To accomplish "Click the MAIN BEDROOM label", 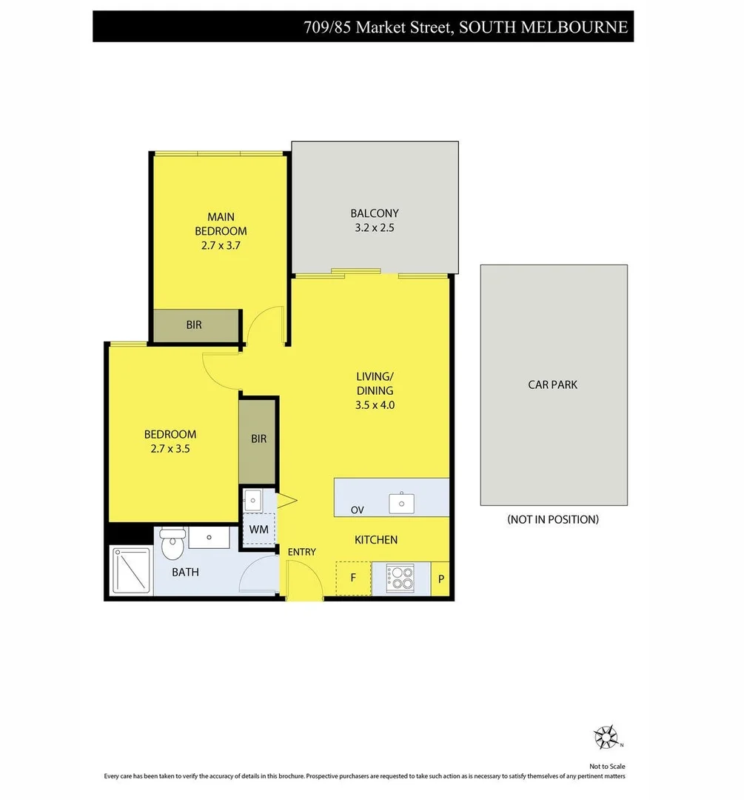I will pos(221,230).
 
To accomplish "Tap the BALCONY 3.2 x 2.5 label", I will pos(375,221).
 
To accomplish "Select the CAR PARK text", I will pos(552,384).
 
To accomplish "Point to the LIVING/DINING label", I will pos(375,390).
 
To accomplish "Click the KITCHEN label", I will pos(376,540).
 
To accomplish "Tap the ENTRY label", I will pos(301,552).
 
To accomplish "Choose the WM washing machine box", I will pos(258,530).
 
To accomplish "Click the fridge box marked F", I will pos(353,579).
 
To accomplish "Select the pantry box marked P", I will pos(440,579).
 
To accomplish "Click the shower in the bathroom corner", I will pos(130,570).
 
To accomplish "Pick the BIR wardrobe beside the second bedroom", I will pos(258,439).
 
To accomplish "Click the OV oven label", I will pos(358,510).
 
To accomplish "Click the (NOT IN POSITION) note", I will pos(553,519).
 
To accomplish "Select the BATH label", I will pos(185,572).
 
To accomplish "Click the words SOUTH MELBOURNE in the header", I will pos(543,27).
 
